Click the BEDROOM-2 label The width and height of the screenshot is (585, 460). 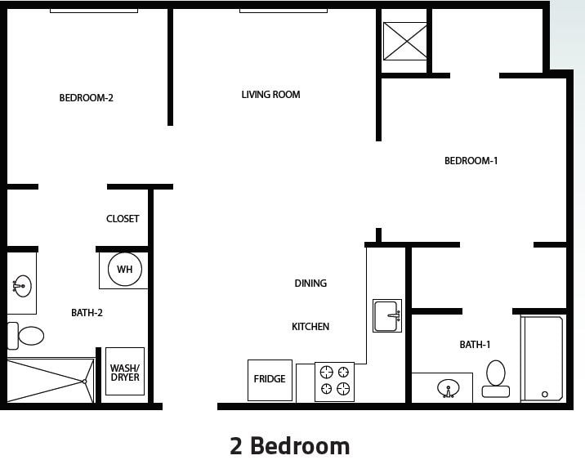[86, 98]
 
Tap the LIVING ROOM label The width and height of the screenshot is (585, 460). [270, 95]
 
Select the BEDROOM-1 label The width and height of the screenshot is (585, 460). [471, 161]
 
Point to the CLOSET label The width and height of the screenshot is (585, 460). [123, 219]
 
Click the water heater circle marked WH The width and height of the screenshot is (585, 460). [124, 270]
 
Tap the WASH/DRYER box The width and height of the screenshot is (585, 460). [125, 373]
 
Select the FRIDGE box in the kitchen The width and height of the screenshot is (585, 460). [270, 380]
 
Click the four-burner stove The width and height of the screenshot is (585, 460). [335, 381]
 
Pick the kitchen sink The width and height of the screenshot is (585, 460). [387, 315]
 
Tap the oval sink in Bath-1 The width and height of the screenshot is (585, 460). [448, 387]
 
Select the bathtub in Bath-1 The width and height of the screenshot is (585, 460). [543, 358]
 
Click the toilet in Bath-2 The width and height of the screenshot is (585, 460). [27, 336]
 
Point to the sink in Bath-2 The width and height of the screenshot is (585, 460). [21, 286]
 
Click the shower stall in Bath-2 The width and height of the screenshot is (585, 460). [49, 380]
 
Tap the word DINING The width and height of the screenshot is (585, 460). [310, 284]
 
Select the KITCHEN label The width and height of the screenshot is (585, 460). [310, 327]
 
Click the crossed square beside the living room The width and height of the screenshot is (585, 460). [405, 41]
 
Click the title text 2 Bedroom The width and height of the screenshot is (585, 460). [290, 446]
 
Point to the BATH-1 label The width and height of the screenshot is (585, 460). [475, 345]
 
